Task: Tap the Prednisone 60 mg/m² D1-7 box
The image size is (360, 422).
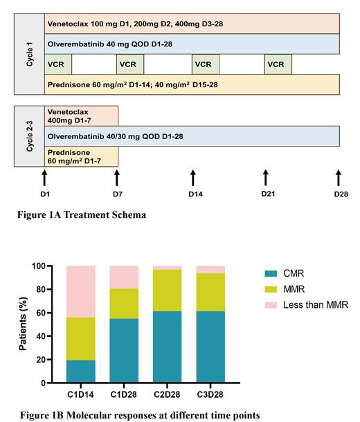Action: [x=81, y=156]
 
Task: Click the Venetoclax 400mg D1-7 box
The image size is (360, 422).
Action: [x=81, y=115]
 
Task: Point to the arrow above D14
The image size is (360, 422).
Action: [x=193, y=177]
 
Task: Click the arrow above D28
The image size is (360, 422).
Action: [x=339, y=177]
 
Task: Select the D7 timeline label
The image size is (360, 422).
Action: [x=117, y=194]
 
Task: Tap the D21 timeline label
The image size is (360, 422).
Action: [x=269, y=193]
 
